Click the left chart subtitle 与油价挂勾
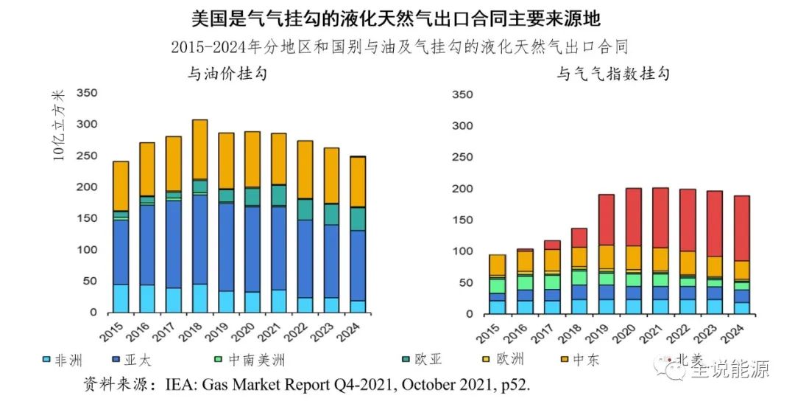coord(226,74)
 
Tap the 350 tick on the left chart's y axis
coord(87,94)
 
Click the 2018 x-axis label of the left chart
coord(193,331)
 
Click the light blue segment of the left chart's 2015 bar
coord(121,298)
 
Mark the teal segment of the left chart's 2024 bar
coord(358,219)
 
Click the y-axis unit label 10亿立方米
coord(60,126)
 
